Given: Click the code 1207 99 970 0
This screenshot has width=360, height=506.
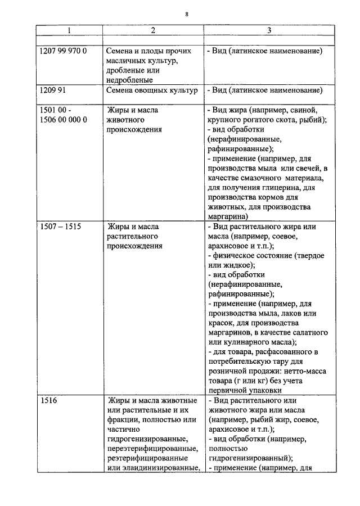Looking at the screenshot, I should [64, 51].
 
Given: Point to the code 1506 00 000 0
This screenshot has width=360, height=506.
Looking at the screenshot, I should [64, 120].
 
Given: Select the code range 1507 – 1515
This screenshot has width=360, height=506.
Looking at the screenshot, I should [61, 227].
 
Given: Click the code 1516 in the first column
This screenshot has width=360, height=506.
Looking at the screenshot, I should [49, 401].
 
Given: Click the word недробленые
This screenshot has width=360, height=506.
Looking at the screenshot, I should [130, 80].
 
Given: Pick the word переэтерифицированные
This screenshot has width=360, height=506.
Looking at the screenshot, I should [151, 449].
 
